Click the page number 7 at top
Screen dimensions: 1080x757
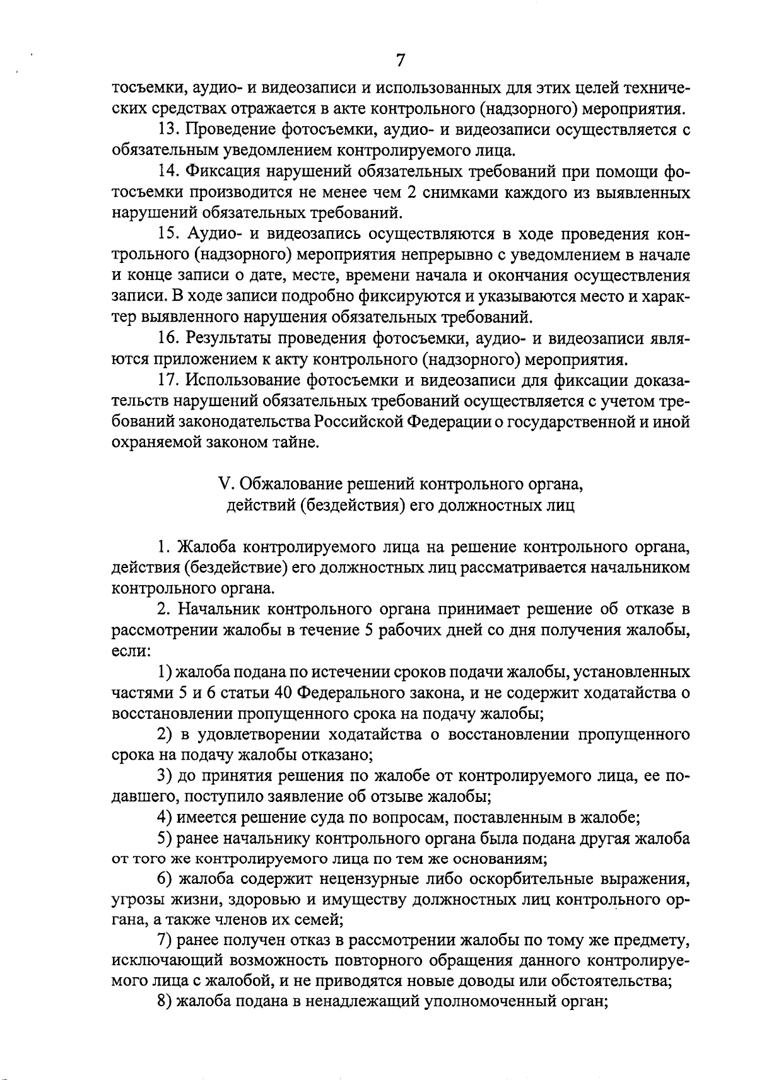pyautogui.click(x=401, y=61)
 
